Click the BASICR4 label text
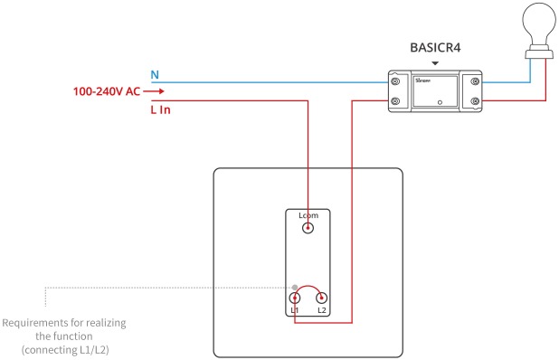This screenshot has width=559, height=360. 436,46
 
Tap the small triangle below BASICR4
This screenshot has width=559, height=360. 436,63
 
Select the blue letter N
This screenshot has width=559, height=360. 154,73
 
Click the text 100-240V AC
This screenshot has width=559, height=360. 105,91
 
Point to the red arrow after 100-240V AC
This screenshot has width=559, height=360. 153,91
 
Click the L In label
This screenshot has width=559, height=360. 160,109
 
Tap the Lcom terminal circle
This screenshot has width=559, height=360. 308,229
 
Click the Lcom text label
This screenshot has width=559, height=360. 308,215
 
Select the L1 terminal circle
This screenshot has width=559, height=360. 295,298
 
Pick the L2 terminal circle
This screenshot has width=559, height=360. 321,298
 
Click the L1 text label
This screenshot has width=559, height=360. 295,310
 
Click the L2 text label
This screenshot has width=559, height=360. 321,310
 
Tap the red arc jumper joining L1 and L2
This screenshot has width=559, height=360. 308,288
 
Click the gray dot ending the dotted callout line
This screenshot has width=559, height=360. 293,287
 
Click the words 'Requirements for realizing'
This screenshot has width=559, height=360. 65,323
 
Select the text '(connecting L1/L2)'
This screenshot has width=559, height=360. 65,349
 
